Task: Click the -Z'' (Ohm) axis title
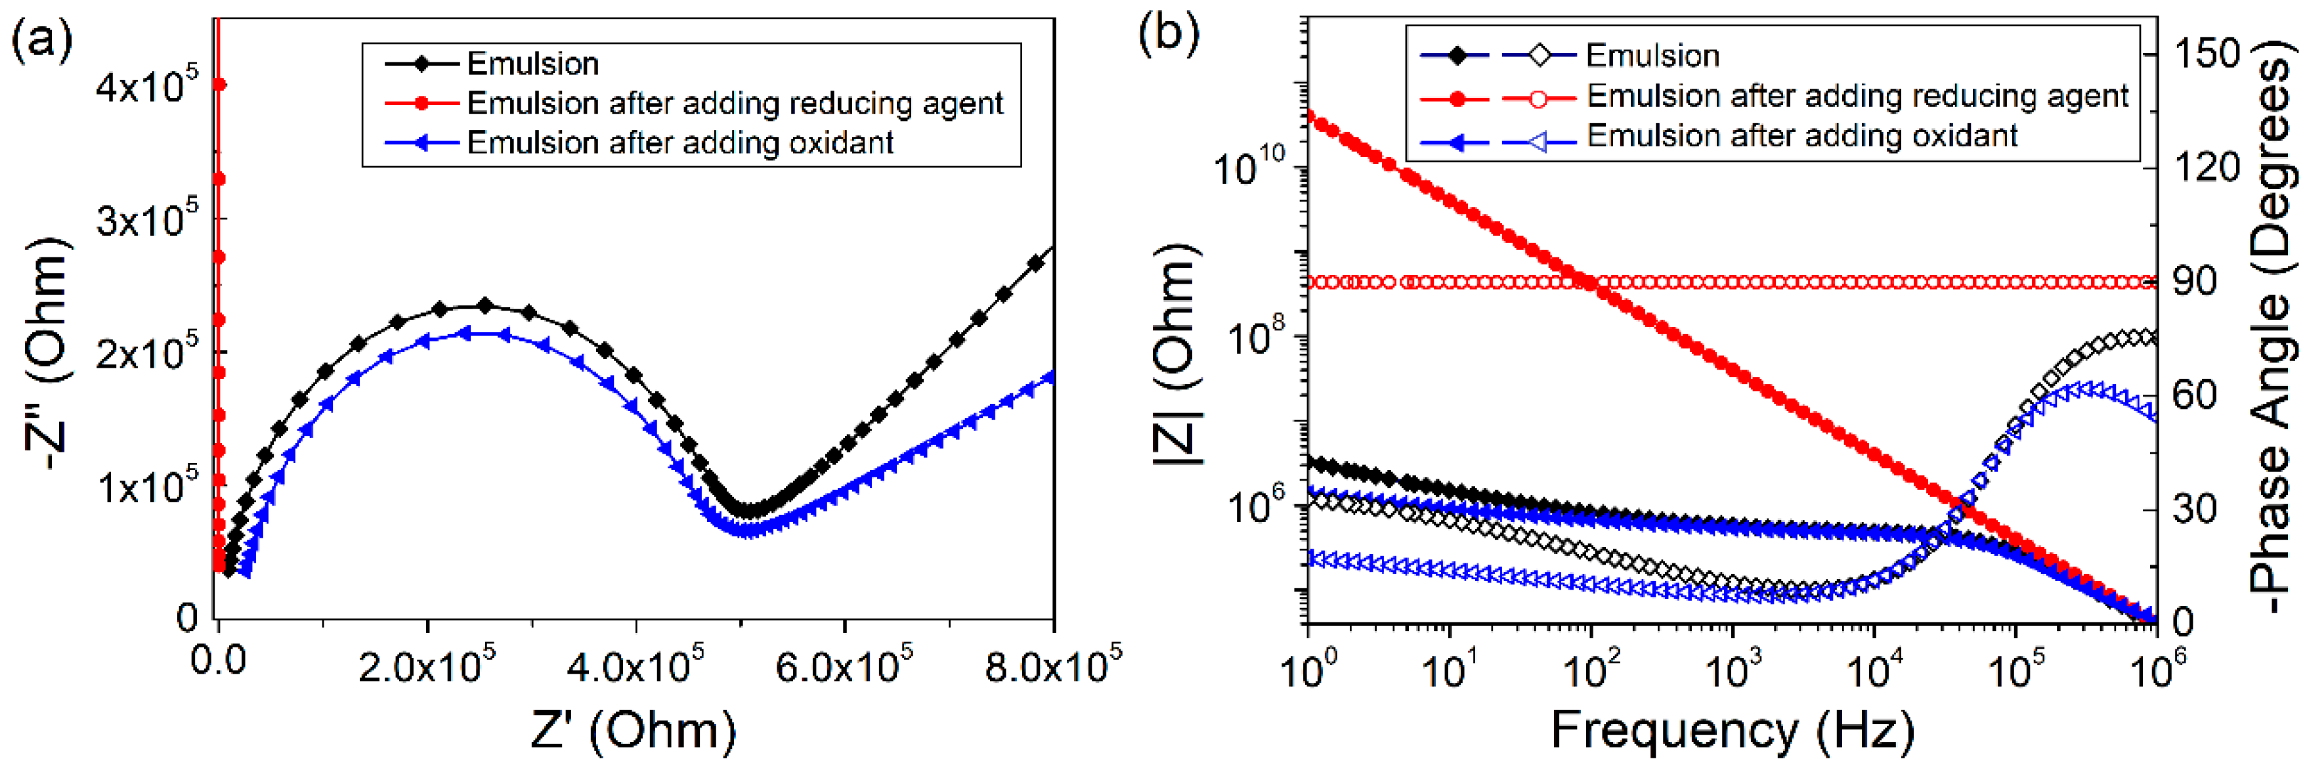point(45,353)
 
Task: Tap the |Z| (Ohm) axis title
point(1175,353)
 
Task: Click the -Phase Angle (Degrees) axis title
point(2273,336)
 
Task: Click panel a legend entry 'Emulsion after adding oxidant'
point(680,143)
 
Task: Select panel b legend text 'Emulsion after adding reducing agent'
point(1857,96)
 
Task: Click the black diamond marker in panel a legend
point(421,64)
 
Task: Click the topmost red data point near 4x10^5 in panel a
point(219,85)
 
